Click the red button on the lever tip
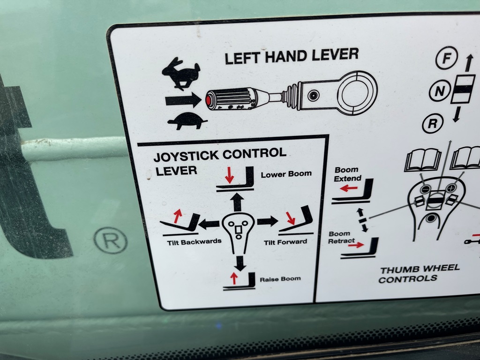point(209,100)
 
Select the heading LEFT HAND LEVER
point(292,56)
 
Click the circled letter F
point(447,58)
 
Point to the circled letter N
point(440,91)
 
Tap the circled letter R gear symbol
point(433,123)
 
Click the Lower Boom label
point(286,174)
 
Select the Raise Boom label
point(280,279)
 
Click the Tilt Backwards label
point(194,242)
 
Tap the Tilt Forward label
point(285,242)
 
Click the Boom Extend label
point(347,174)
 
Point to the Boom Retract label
point(340,238)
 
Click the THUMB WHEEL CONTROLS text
point(419,274)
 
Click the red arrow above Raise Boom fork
point(234,278)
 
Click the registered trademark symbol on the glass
point(110,240)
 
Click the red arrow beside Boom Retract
point(356,245)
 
